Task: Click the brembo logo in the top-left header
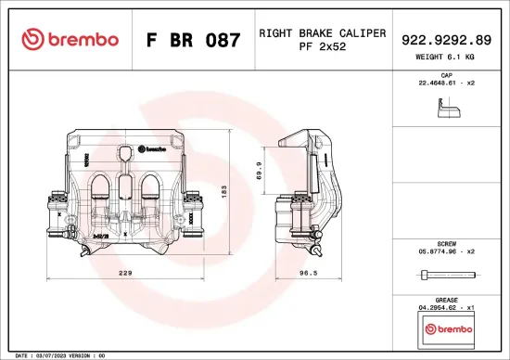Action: (70, 40)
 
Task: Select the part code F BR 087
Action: (194, 41)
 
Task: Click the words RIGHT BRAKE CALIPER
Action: (322, 32)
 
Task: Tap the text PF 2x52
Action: (322, 47)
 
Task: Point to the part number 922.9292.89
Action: (445, 40)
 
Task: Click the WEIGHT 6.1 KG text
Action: (445, 58)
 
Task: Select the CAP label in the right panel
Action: (445, 74)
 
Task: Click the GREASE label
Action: (445, 300)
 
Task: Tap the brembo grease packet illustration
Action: (445, 329)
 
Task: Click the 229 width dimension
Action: (126, 274)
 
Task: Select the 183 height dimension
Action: (223, 189)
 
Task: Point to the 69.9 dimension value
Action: (259, 170)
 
